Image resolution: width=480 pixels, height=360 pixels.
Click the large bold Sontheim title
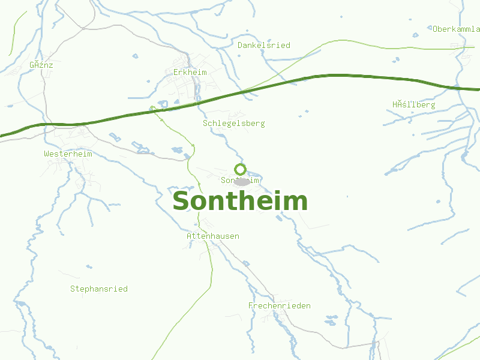click(240, 201)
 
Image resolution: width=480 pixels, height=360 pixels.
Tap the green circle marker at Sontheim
click(240, 169)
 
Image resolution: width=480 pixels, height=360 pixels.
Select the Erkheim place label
click(190, 72)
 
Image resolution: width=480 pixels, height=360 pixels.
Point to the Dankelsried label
click(264, 45)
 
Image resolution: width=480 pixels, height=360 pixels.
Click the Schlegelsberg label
click(234, 123)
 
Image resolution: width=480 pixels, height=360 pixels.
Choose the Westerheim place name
click(68, 154)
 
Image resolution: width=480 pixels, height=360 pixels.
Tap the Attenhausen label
click(213, 236)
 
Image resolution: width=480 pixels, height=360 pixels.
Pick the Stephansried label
click(99, 289)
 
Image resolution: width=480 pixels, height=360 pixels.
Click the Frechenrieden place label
click(280, 305)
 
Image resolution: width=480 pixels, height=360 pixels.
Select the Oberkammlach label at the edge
click(456, 28)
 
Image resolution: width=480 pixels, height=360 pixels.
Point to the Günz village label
click(41, 64)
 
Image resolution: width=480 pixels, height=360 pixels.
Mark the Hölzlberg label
click(414, 104)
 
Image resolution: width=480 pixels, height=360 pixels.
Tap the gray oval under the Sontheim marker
click(241, 182)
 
